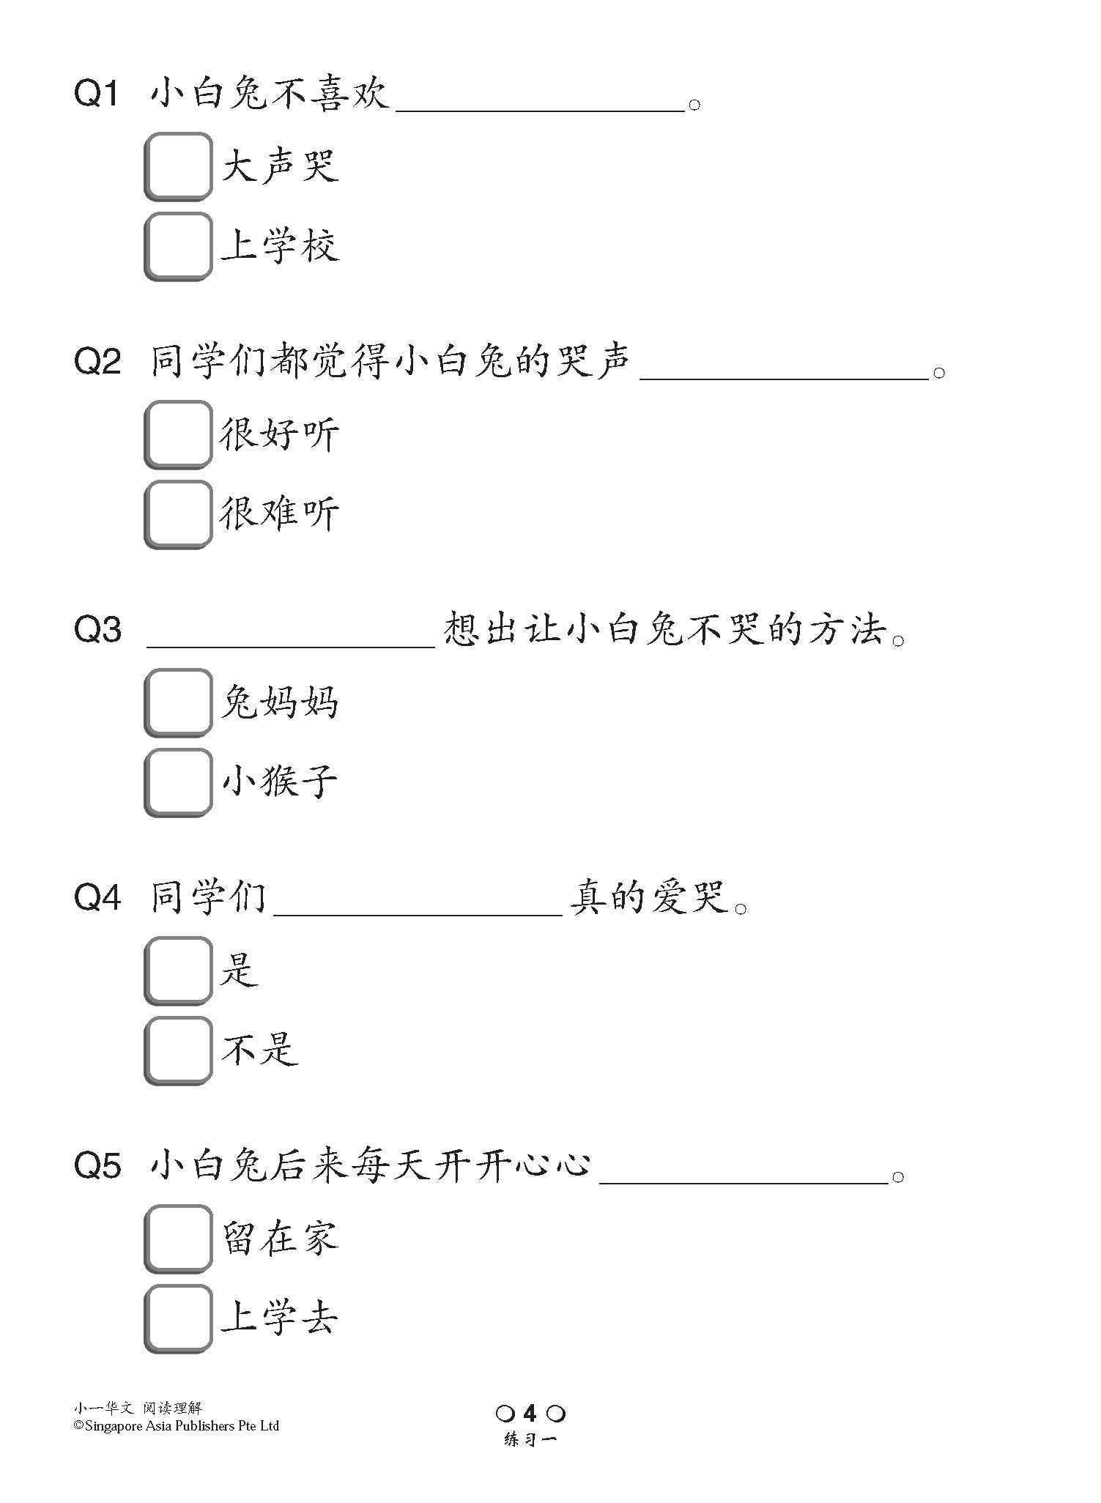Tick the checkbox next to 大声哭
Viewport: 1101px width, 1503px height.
[177, 166]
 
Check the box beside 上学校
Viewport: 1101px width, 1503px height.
[177, 245]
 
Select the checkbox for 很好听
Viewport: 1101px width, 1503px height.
[177, 434]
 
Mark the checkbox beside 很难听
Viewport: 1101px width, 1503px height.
[177, 513]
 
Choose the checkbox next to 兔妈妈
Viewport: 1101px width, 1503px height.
[177, 702]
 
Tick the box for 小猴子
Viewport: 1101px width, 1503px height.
[177, 782]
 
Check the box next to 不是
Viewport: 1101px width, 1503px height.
[177, 1050]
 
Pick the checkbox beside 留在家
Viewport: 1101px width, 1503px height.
[177, 1238]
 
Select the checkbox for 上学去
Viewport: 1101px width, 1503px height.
[177, 1318]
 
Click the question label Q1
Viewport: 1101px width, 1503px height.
[97, 94]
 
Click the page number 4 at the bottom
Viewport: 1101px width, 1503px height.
[530, 1413]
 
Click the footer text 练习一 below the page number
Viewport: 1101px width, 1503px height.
[530, 1439]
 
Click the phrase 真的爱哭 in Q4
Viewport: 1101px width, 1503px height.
[648, 897]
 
